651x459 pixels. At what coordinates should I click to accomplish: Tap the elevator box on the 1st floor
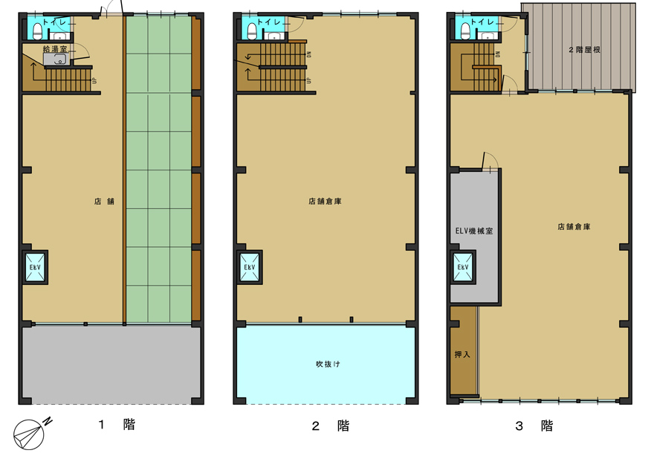pyautogui.click(x=35, y=268)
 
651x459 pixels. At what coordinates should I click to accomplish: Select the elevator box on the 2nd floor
pyautogui.click(x=250, y=268)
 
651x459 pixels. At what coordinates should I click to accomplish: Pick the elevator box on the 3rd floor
pyautogui.click(x=464, y=268)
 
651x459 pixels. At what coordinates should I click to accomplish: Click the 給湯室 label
pyautogui.click(x=55, y=49)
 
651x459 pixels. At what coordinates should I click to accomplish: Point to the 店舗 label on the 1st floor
pyautogui.click(x=104, y=201)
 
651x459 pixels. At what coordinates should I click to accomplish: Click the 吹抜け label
pyautogui.click(x=328, y=364)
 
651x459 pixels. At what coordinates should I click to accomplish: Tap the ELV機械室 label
pyautogui.click(x=474, y=231)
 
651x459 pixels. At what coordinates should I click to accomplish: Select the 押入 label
pyautogui.click(x=462, y=354)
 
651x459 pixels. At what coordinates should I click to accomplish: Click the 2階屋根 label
pyautogui.click(x=584, y=50)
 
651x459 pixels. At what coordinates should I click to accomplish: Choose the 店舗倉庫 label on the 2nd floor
pyautogui.click(x=325, y=201)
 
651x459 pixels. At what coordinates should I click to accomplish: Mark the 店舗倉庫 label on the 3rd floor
pyautogui.click(x=574, y=227)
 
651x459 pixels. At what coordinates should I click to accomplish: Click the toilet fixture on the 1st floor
pyautogui.click(x=38, y=31)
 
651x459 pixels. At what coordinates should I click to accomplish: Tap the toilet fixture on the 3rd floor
pyautogui.click(x=466, y=31)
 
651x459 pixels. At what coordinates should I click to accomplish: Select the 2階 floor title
pyautogui.click(x=331, y=426)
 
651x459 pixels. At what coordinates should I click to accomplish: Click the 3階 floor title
pyautogui.click(x=534, y=426)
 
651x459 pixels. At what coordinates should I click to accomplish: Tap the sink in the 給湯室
pyautogui.click(x=50, y=60)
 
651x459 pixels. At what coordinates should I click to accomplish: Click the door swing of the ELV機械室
pyautogui.click(x=490, y=161)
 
